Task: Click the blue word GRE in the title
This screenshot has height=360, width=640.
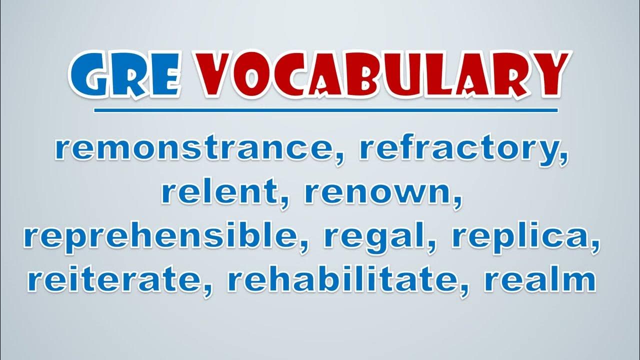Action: point(126,74)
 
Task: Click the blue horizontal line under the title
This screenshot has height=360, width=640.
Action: point(325,110)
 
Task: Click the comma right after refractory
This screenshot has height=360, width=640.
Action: point(563,159)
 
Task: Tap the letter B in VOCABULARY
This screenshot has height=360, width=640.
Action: point(365,75)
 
